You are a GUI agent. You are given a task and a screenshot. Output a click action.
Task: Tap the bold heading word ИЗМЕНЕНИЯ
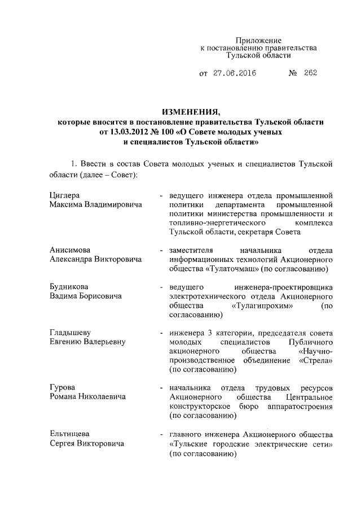point(188,111)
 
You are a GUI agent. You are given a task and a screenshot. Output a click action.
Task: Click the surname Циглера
point(63,195)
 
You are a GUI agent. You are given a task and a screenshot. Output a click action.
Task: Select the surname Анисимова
point(69,250)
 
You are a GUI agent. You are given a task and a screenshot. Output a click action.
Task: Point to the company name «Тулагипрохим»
point(262,305)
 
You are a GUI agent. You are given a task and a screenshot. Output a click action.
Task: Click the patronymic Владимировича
point(113,204)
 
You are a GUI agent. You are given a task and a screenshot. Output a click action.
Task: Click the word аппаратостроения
point(300,406)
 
